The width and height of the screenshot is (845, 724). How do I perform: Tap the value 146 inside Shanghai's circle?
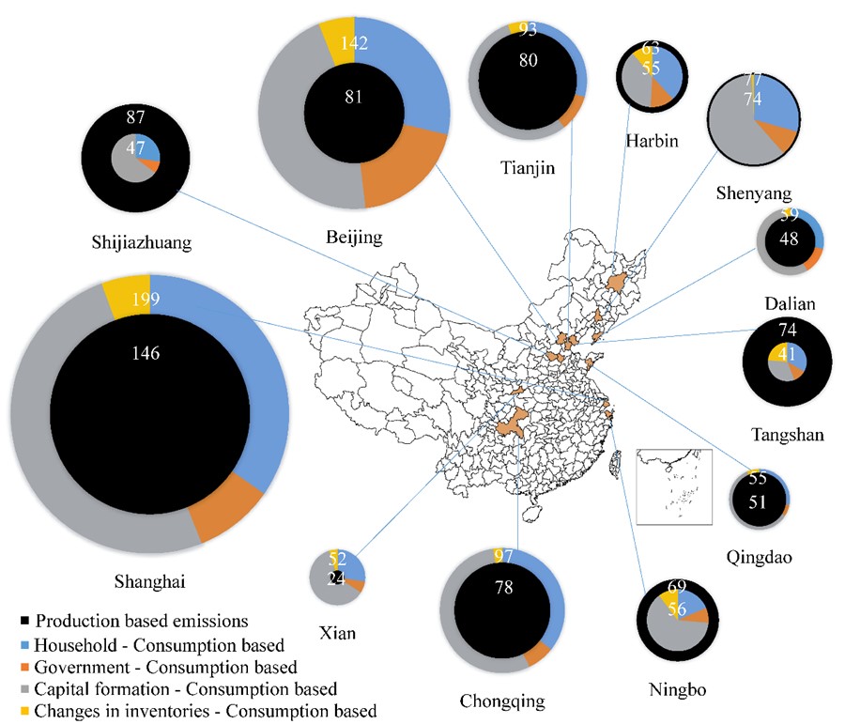pos(146,354)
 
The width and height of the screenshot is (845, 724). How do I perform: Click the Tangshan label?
pos(789,433)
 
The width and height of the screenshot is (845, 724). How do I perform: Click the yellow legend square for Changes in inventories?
pos(24,711)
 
